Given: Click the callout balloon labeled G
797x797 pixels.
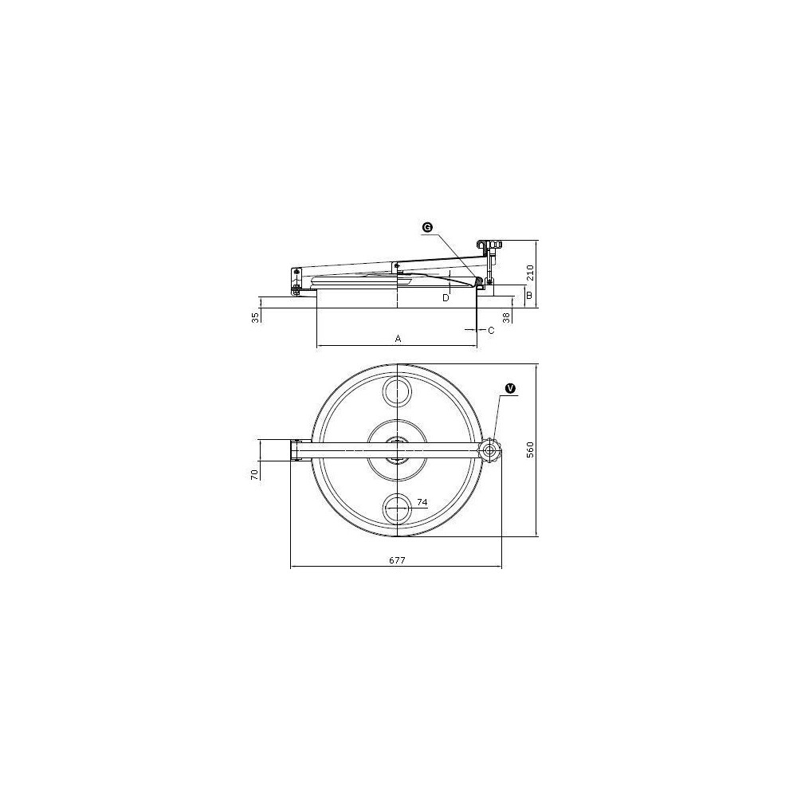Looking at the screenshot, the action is click(x=427, y=228).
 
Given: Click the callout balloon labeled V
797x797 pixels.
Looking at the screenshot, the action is click(x=510, y=388).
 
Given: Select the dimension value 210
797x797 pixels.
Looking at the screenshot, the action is click(x=530, y=273).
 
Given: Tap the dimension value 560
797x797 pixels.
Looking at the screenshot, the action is click(x=530, y=450).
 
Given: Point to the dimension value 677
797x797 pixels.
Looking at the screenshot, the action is click(x=397, y=560).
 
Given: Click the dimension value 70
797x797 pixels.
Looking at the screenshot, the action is click(x=255, y=474).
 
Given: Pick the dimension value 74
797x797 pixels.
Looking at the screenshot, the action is click(x=422, y=502).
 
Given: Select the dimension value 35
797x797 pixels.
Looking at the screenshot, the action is click(x=256, y=317).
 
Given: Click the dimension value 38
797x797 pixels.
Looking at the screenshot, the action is click(x=506, y=317).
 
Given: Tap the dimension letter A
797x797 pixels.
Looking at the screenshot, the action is click(x=398, y=338).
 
